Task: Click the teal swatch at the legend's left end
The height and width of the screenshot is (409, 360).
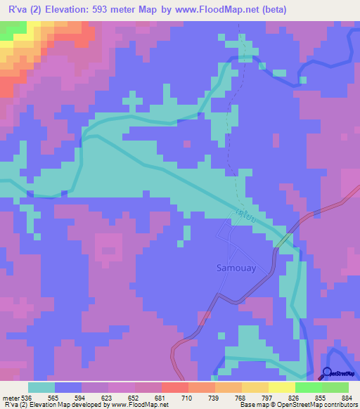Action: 41,387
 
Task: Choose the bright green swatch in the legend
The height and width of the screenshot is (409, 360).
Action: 309,387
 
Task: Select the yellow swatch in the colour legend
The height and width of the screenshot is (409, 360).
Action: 281,387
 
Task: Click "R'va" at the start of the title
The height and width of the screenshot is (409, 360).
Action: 16,8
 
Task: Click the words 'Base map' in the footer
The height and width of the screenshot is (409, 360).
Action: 251,405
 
